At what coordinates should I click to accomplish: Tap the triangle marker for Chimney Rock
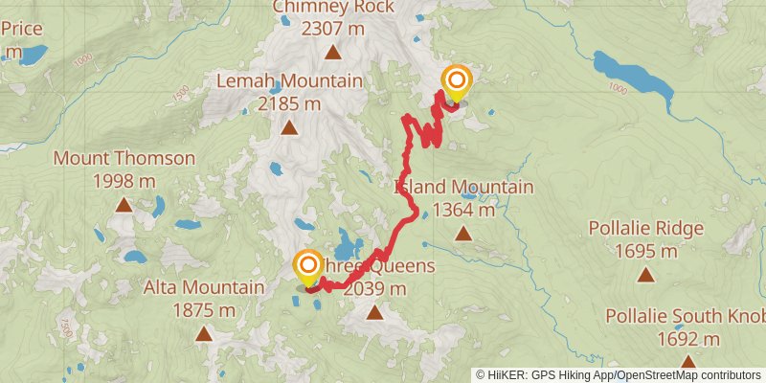click(332, 53)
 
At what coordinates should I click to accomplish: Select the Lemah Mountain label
click(289, 81)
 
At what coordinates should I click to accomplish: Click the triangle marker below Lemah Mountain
click(289, 126)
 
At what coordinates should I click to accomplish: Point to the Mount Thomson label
click(124, 159)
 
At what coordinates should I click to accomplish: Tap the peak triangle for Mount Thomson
click(124, 204)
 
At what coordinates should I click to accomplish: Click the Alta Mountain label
click(204, 287)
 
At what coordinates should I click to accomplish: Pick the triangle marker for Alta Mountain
click(204, 333)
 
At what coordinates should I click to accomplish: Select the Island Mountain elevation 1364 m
click(463, 209)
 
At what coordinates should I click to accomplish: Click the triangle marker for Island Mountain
click(463, 233)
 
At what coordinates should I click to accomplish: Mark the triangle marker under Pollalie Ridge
click(646, 275)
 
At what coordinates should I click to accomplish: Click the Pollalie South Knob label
click(686, 317)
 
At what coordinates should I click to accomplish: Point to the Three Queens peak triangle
click(374, 311)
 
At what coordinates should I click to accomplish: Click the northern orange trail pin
click(457, 83)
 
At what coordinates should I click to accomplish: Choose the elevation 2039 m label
click(374, 288)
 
